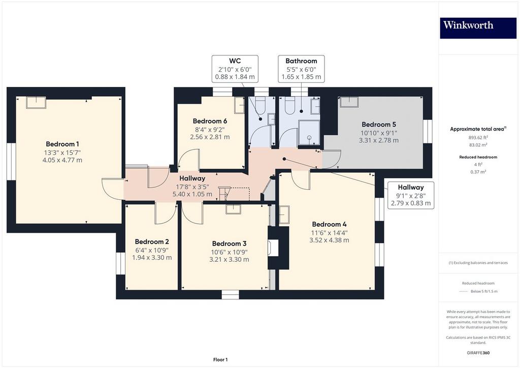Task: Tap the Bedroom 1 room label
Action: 62,144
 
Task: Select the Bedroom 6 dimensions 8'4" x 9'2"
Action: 210,130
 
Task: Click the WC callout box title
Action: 235,60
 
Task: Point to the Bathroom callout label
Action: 301,60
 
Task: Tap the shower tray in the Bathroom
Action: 309,133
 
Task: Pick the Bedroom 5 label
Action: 379,125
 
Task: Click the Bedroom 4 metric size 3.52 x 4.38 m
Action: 329,240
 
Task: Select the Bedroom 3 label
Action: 229,243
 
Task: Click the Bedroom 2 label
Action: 152,241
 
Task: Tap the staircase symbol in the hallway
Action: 224,194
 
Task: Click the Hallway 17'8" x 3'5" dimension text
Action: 192,187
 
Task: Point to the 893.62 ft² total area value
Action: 478,137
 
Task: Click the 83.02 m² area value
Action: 478,145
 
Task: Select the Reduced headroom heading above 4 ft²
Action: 478,157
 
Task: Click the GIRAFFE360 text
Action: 478,353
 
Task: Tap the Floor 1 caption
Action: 220,360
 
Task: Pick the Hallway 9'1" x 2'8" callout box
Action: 411,195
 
